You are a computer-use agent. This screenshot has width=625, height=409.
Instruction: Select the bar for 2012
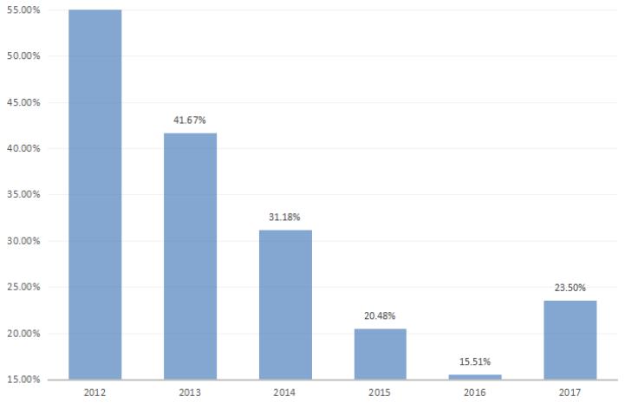(95, 195)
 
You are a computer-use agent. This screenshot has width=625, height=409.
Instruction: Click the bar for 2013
(191, 256)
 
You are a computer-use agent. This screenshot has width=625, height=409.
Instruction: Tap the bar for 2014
(286, 304)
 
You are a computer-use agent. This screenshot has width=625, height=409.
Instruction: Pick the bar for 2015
(381, 354)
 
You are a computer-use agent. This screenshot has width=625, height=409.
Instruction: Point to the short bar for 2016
(475, 377)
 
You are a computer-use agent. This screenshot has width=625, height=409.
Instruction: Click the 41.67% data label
(190, 120)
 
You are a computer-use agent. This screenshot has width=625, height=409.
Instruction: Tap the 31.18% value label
(285, 217)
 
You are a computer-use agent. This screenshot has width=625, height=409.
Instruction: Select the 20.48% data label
(381, 316)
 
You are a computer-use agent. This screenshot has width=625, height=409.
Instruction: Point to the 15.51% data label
(475, 362)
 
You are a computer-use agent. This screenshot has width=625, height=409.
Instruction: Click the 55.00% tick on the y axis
(26, 10)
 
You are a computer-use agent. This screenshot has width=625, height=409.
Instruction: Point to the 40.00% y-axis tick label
(26, 149)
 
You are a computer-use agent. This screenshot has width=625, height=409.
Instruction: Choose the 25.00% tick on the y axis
(26, 288)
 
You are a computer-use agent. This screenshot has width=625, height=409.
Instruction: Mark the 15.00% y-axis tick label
(26, 380)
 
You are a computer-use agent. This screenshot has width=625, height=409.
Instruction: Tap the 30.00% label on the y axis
(26, 241)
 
